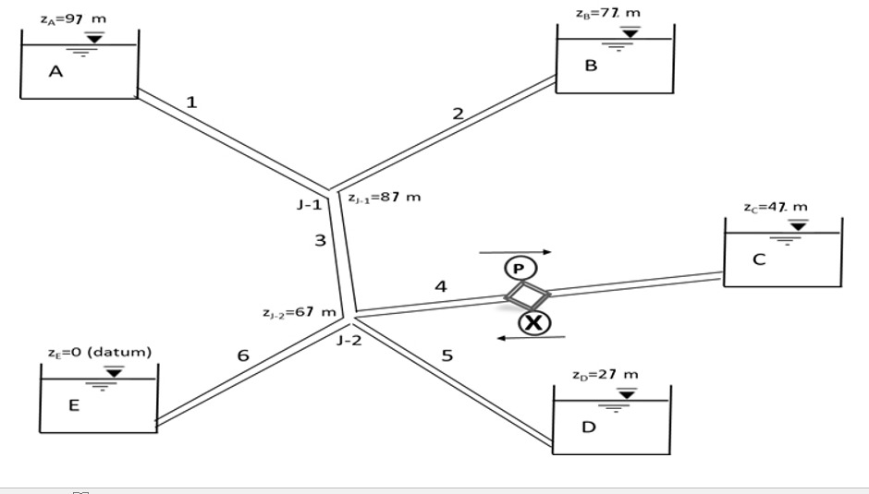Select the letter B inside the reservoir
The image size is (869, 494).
coord(591,66)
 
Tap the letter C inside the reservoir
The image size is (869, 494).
coord(758,259)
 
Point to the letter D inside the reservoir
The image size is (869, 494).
coord(588,428)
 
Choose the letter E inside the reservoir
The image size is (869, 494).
coord(74,404)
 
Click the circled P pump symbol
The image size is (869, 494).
coord(519,268)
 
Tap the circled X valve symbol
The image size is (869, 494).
coord(533,323)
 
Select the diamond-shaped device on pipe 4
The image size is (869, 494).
coord(527,295)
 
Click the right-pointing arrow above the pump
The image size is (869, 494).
coord(515,251)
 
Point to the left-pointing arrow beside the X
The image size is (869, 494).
coord(531,338)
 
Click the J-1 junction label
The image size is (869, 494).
coord(309,204)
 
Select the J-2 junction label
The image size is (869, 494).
coord(349,341)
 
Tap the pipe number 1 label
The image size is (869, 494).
coord(191,102)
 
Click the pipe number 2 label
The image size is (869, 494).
coord(458,114)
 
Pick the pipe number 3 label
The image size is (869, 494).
coord(320,241)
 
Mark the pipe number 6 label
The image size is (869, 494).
coord(243,356)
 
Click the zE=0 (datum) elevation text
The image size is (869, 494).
coord(99,352)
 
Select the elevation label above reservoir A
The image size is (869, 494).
coord(73,20)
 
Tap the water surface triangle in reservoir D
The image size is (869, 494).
coord(627,393)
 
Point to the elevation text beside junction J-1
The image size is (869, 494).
coord(385,197)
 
